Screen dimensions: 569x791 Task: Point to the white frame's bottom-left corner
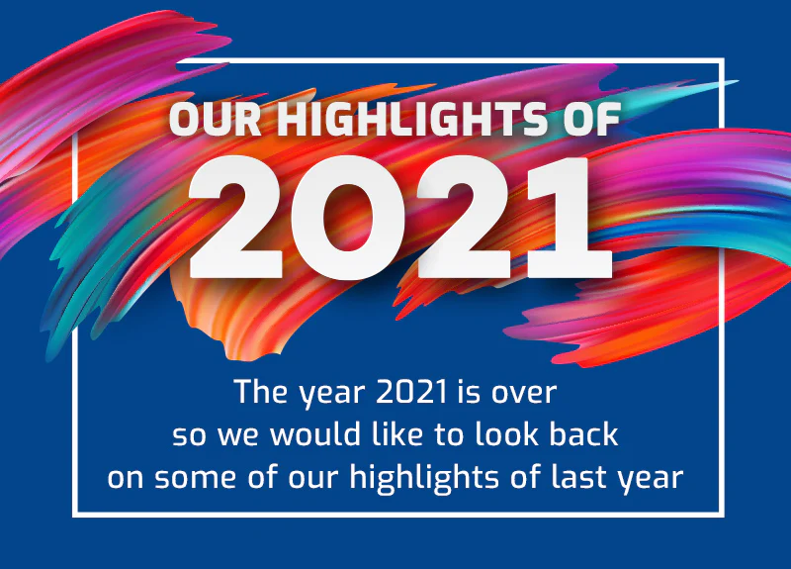pos(75,514)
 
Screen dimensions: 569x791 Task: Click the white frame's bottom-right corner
pos(723,514)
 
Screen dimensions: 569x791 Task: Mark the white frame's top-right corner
pos(723,60)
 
